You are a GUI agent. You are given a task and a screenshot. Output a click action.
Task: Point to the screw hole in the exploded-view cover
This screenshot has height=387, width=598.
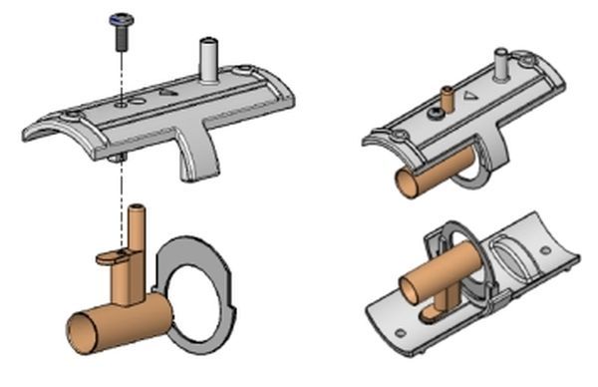(121, 102)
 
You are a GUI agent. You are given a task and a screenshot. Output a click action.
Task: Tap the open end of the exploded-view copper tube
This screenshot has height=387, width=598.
(81, 329)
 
